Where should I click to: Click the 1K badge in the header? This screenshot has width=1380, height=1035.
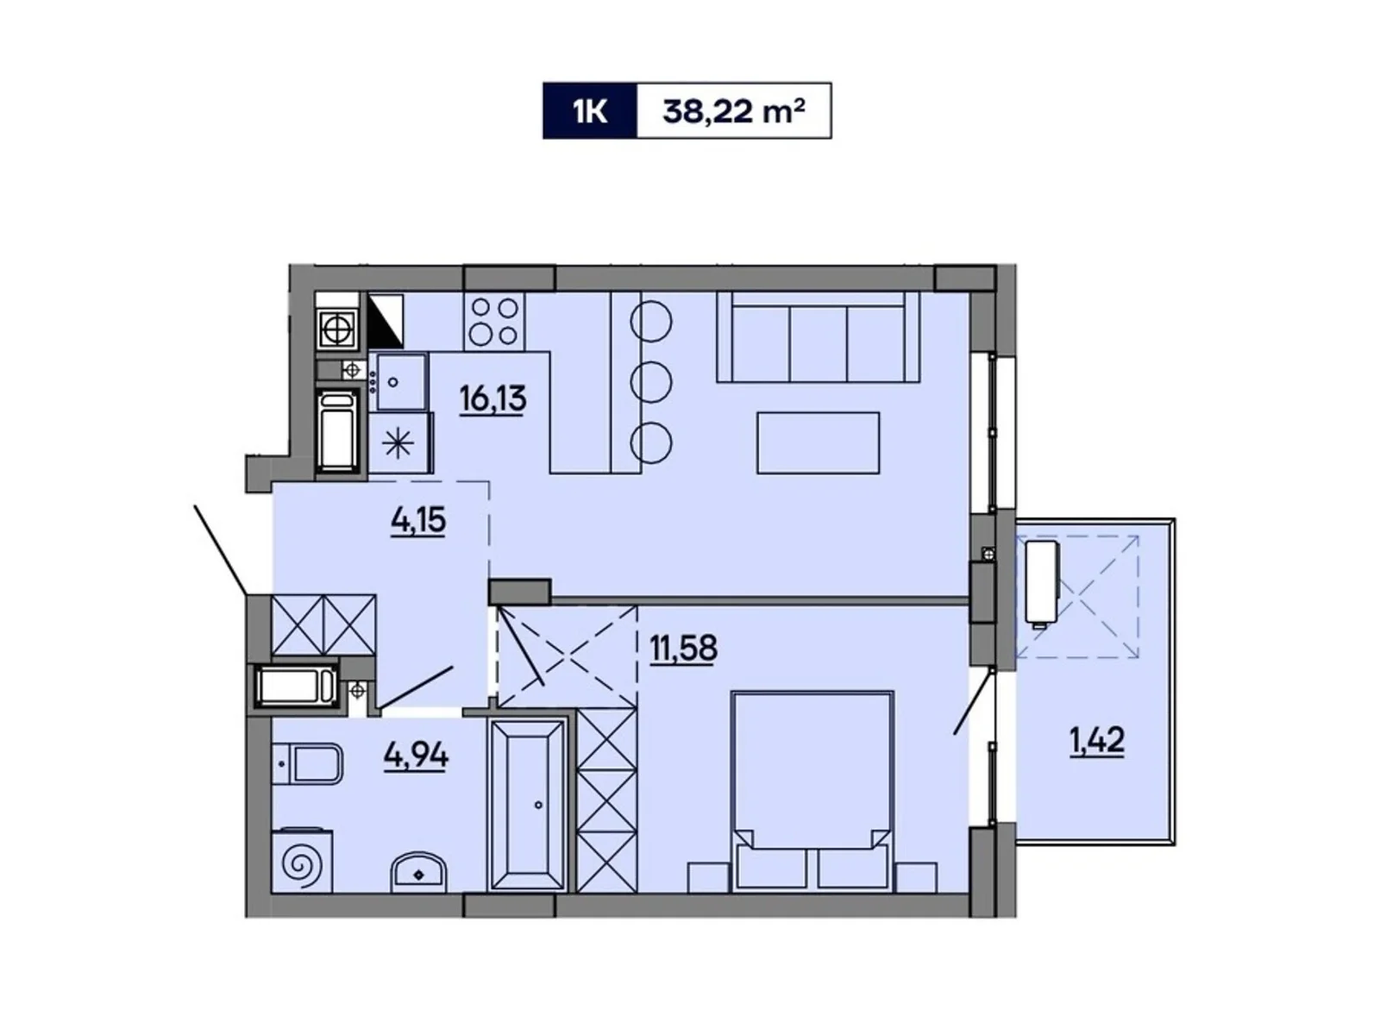tap(590, 110)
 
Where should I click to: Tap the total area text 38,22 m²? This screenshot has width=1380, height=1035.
tap(733, 110)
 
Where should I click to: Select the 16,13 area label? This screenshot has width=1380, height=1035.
tap(492, 399)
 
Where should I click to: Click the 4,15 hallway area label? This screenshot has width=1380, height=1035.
tap(418, 521)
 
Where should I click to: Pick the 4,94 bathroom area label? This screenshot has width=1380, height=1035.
tap(417, 756)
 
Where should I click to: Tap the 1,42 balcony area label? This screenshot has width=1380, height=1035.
tap(1097, 741)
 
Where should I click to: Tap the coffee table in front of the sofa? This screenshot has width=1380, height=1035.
tap(818, 442)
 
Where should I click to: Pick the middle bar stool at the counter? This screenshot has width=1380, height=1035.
tap(651, 380)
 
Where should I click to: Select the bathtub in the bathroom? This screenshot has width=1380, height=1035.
tap(526, 806)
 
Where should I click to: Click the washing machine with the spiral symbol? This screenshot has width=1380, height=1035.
tap(302, 861)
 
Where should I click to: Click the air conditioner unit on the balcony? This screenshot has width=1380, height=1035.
tap(1041, 581)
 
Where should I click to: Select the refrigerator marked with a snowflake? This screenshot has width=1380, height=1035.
tap(399, 443)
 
